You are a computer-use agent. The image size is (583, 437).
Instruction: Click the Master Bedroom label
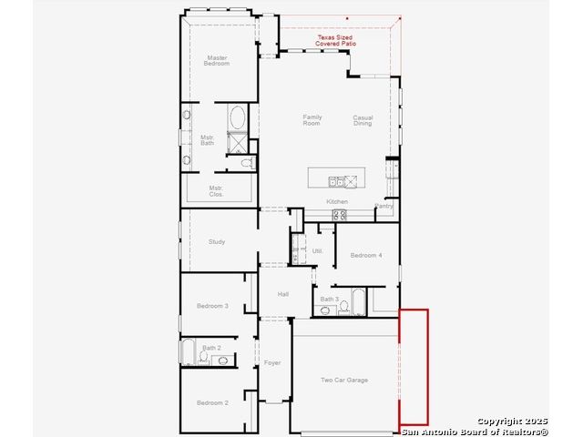point(217,61)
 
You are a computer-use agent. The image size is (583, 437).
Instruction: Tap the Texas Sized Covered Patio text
point(335,40)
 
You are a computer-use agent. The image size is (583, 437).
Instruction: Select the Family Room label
point(312,120)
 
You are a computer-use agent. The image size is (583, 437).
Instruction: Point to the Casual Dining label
point(363,120)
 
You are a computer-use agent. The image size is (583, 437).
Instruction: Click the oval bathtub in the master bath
point(237,117)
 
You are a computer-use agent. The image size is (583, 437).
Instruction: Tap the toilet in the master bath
point(247,163)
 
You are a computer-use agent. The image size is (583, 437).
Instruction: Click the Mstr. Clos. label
point(216,191)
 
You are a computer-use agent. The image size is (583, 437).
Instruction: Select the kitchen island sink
point(337,182)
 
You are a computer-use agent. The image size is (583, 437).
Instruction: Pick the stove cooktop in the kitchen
point(340,215)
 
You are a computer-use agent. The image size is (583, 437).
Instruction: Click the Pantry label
point(384,206)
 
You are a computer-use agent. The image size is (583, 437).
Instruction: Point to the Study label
point(217,241)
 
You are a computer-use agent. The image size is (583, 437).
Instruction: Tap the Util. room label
point(317,251)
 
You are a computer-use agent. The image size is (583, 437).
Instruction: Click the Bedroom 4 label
point(366,255)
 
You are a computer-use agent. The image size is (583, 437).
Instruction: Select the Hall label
point(283,294)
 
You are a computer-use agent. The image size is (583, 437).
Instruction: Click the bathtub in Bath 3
point(359,301)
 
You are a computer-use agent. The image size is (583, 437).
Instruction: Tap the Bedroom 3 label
point(212,306)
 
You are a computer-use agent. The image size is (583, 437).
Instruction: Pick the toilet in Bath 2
point(203,356)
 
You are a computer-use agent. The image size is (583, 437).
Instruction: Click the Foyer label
point(272,362)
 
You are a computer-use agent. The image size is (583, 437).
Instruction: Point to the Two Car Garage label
point(344,380)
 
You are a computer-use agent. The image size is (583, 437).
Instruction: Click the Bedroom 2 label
point(212,402)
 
